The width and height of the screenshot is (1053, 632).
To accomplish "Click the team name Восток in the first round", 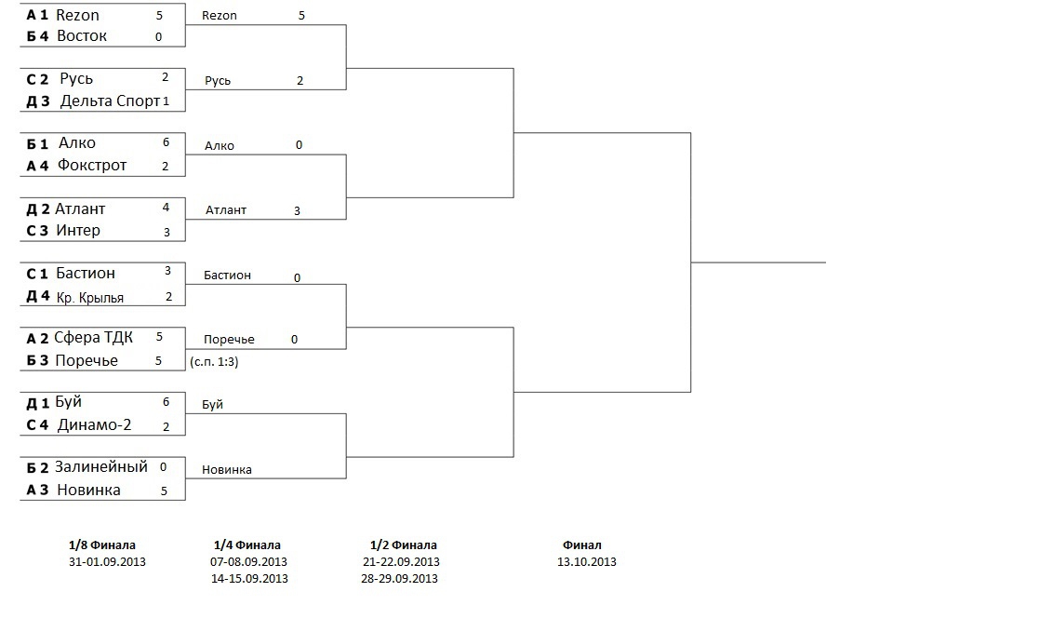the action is pos(81,36).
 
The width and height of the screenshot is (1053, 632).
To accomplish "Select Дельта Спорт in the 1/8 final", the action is pos(110,101).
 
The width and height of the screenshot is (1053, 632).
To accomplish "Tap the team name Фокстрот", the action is pos(92,166).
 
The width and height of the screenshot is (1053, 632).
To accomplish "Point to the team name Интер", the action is pos(78,230).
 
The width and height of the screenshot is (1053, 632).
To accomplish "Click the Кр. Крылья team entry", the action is pos(90,298).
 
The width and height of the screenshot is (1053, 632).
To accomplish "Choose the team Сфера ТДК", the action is pos(93,337).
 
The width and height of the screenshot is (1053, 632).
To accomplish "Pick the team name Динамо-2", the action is pos(94,425).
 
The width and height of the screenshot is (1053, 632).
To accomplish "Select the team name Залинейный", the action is pos(100,466).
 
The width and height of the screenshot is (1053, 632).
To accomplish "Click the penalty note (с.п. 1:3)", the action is pos(214,362).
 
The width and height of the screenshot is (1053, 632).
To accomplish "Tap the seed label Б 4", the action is pos(37,36).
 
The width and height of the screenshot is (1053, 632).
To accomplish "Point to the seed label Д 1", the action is pos(37,404).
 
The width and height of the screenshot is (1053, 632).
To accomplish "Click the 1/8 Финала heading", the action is pos(102,545).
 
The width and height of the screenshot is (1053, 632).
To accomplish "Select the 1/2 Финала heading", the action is pos(403,545).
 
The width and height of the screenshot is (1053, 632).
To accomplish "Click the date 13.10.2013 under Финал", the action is pos(586,561).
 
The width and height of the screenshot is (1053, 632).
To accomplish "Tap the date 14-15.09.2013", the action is pos(249,578).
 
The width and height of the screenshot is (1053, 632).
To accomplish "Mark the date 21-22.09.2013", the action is pos(401,561).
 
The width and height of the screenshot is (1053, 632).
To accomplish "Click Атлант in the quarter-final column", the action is pos(226,210).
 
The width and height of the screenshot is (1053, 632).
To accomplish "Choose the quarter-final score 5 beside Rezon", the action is pos(301,16).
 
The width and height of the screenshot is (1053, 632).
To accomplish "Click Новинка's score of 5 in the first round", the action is pos(164,491).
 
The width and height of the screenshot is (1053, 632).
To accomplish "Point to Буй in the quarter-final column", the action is pos(212,405).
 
